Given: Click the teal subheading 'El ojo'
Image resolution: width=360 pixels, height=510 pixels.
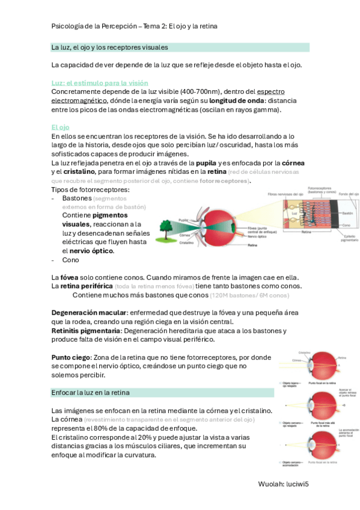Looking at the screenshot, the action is point(60,127).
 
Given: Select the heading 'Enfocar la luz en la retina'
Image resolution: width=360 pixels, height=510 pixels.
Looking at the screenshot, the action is point(96,393).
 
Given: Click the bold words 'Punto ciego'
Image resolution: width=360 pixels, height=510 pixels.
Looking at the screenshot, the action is point(70,357).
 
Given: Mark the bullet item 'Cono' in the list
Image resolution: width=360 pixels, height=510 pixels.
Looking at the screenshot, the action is point(70,260).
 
